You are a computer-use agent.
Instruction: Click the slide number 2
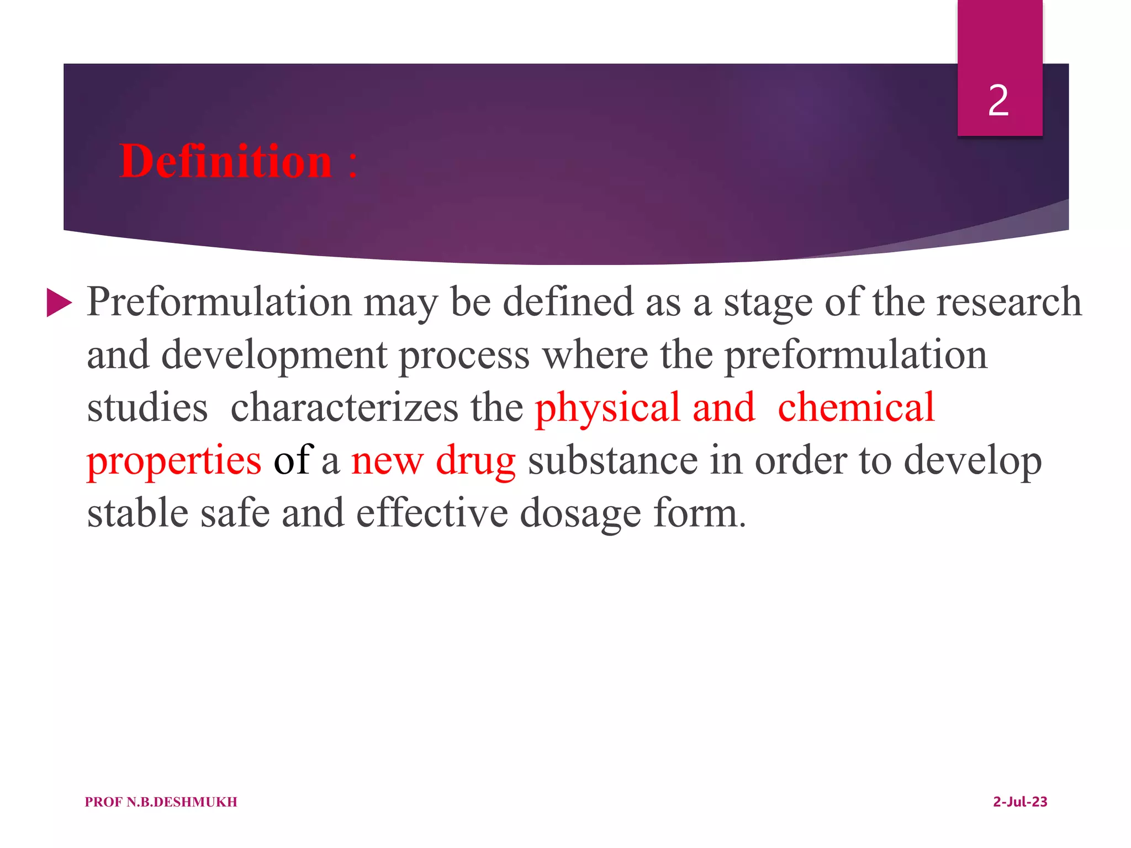(998, 101)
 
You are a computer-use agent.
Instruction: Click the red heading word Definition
(225, 161)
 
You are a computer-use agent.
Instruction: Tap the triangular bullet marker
(59, 303)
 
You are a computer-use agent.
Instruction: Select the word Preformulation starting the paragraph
(219, 303)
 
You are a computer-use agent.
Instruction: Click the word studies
(147, 408)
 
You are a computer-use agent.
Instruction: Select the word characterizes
(344, 408)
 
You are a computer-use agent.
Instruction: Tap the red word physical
(607, 408)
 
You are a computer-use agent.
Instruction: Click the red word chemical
(856, 408)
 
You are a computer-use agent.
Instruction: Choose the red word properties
(174, 461)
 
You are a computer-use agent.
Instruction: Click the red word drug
(475, 461)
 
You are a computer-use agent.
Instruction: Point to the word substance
(612, 461)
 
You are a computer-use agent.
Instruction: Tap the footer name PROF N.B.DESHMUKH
(161, 802)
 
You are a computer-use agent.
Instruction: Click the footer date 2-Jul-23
(1020, 802)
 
